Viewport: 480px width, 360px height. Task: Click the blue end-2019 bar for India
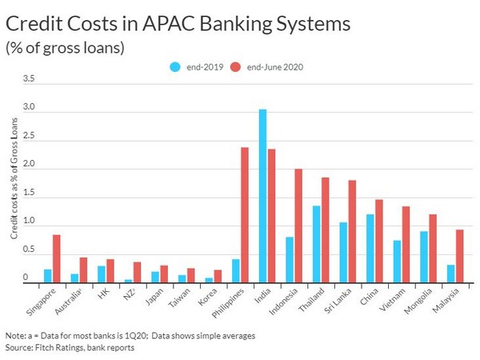point(262,196)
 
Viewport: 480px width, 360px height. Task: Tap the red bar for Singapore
point(56,258)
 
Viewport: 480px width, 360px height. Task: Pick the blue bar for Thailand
point(316,244)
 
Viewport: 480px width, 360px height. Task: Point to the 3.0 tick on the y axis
point(29,107)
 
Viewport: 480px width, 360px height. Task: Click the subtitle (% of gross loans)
point(64,48)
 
